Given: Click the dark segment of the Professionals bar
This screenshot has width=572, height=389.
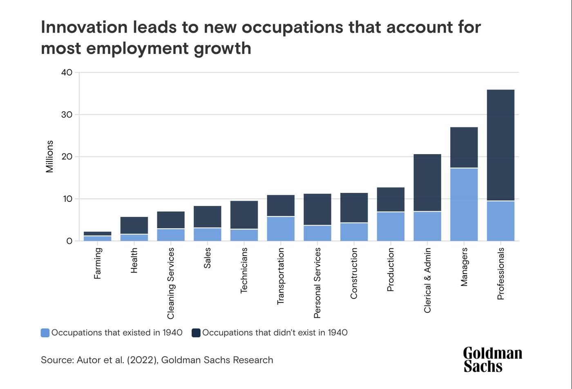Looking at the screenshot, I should point(500,145).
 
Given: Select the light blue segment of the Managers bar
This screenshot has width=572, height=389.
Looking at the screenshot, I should point(464,204).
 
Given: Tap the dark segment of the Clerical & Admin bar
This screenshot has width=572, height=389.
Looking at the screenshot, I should point(427,183).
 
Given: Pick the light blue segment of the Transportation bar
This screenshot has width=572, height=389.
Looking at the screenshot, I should point(281,228).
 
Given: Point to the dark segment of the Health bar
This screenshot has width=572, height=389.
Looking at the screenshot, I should point(134,225).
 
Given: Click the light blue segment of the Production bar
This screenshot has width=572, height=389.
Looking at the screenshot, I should point(391,226).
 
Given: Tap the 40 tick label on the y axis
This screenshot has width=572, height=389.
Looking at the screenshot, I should point(67,73).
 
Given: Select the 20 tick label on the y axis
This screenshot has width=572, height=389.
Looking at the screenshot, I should point(67,157).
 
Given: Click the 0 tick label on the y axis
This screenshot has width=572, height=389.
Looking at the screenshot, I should point(69,241).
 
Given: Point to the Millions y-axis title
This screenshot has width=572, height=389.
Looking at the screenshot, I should point(49,157).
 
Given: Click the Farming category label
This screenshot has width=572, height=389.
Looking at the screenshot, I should point(97,263).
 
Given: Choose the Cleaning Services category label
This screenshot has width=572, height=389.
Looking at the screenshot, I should point(171,283).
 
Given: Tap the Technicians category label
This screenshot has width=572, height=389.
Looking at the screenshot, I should point(244,270).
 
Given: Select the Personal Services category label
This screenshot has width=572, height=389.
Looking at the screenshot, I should point(317,283).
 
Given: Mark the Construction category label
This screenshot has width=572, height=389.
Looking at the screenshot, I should point(354,273).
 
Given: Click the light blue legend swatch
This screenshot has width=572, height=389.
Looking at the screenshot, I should point(45,333).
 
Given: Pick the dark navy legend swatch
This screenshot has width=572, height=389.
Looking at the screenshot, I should point(196,333).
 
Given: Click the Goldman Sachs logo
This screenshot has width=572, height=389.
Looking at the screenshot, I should point(492,360).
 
